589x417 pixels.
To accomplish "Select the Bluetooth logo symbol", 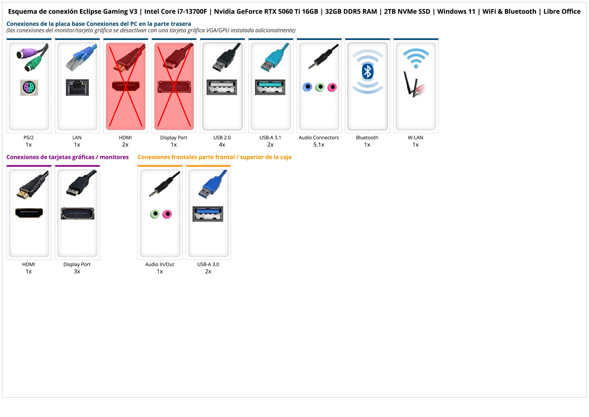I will click(367, 72).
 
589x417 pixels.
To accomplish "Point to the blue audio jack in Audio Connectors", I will click(307, 87).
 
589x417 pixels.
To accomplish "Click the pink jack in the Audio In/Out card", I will click(167, 214).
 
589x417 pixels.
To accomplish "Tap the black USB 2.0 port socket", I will click(222, 87).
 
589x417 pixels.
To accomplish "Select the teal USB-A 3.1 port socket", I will click(270, 87).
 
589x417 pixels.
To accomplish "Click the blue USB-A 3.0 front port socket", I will click(208, 214).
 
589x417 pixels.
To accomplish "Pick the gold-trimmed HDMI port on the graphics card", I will click(29, 213).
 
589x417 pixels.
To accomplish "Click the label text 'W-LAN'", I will click(415, 138).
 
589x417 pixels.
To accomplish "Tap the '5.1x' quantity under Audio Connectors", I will click(319, 145).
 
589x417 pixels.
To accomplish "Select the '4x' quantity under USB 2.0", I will click(222, 145).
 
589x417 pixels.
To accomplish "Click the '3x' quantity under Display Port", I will click(77, 271).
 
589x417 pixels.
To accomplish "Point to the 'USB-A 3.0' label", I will click(208, 264).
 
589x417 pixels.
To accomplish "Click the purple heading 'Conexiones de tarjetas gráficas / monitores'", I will click(67, 157).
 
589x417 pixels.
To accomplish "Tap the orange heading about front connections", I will click(214, 157).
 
